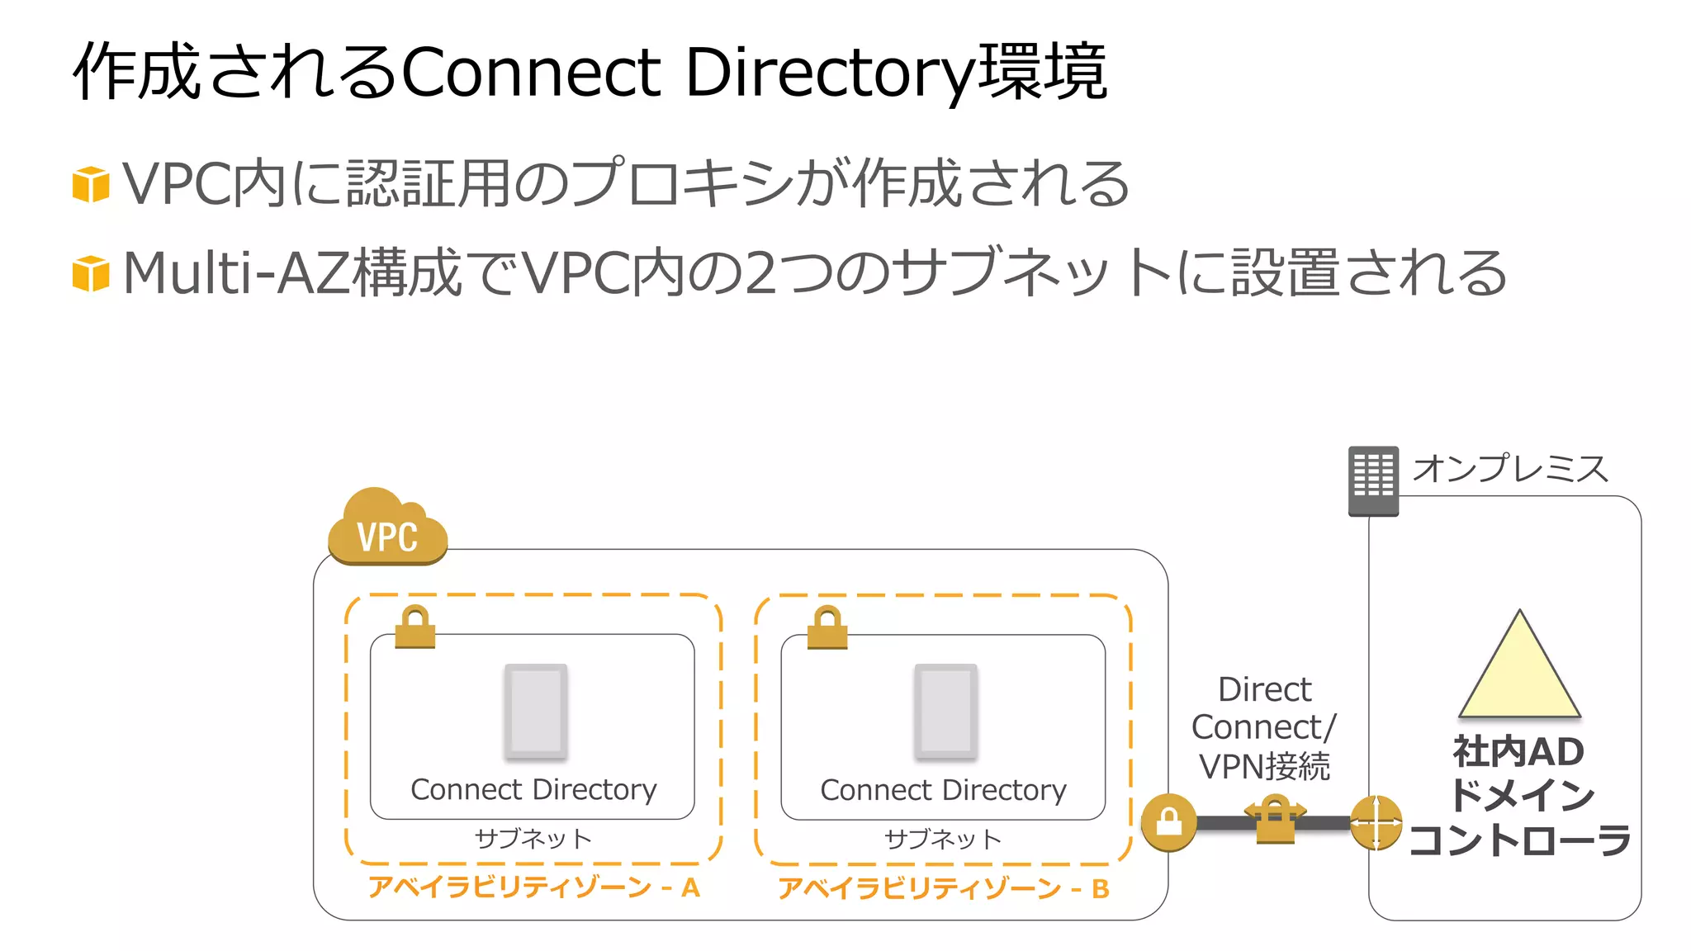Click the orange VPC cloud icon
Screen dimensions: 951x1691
387,528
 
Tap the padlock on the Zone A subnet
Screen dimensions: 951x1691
414,628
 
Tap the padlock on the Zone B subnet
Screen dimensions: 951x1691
827,628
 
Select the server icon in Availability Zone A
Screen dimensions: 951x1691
535,711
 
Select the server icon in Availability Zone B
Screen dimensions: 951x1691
945,711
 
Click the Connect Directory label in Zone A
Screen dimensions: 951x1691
533,790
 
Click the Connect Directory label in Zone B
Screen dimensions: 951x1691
943,791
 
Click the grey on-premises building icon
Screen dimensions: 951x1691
1373,480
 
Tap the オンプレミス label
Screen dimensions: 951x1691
1510,469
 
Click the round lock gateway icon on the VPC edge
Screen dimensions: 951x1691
1168,822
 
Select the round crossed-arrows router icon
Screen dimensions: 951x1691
1376,822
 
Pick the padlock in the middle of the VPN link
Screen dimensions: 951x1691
1275,819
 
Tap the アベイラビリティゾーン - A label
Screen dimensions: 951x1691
533,887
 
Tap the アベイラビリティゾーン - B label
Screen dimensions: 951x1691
943,888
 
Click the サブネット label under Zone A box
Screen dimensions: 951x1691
533,839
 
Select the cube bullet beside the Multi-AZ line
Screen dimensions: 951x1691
91,274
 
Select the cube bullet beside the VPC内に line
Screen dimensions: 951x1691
91,184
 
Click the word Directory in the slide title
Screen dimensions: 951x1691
830,73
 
